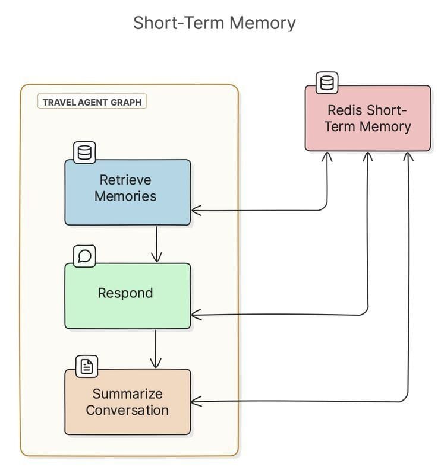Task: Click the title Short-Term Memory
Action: click(x=215, y=23)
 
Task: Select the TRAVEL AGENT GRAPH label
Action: click(x=92, y=102)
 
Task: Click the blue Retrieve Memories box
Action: click(x=127, y=192)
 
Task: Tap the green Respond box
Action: click(x=127, y=296)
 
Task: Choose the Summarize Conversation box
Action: click(x=127, y=402)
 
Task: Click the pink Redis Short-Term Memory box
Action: click(x=367, y=119)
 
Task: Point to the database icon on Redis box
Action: click(x=326, y=83)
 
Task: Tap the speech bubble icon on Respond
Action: click(x=84, y=256)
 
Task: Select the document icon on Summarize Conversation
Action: click(x=87, y=367)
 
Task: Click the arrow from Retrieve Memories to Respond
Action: click(x=156, y=243)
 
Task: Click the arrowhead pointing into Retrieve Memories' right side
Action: click(x=196, y=210)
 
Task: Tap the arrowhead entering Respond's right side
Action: click(x=196, y=315)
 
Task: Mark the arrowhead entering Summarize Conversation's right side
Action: click(x=196, y=402)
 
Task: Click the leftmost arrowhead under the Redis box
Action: click(x=327, y=156)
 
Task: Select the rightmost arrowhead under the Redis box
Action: click(x=408, y=156)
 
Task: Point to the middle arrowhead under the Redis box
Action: click(x=368, y=156)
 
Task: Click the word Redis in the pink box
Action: click(x=345, y=110)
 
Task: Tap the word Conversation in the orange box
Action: click(x=127, y=410)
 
